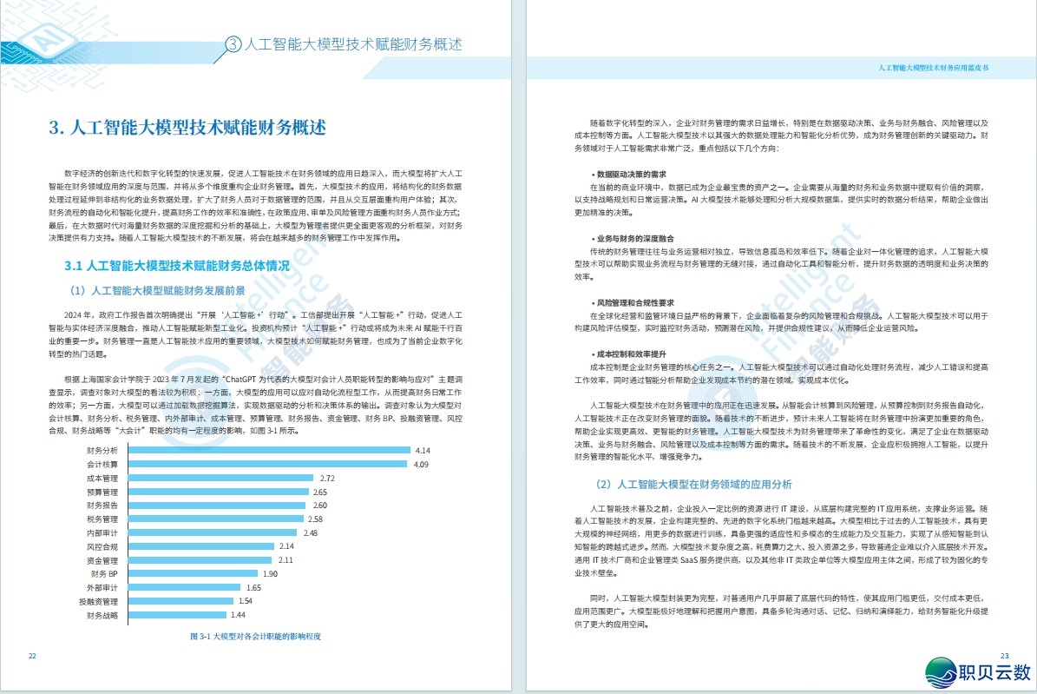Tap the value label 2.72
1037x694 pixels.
[x=327, y=479]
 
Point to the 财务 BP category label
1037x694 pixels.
[x=102, y=574]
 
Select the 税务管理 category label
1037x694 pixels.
[x=102, y=519]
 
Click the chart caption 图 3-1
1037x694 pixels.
[x=255, y=637]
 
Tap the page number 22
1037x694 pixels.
[x=32, y=656]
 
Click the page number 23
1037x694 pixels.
[x=1005, y=656]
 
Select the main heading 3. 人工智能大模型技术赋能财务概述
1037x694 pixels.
[x=187, y=129]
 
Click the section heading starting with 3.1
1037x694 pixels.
[x=177, y=265]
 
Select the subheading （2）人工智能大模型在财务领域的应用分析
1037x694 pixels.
[x=692, y=484]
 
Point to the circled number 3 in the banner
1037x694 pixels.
[x=233, y=43]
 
